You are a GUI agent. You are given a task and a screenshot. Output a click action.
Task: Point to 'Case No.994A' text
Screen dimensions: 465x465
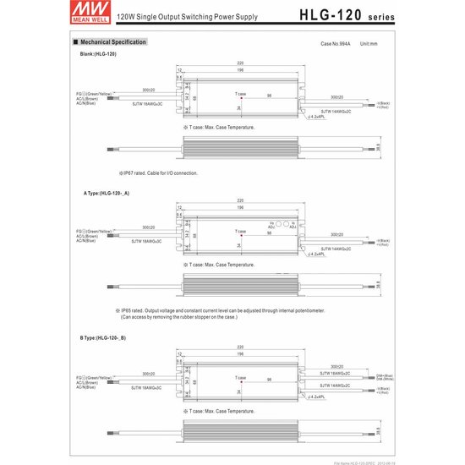point(336,42)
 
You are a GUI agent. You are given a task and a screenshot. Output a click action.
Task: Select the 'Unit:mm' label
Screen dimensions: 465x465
point(369,42)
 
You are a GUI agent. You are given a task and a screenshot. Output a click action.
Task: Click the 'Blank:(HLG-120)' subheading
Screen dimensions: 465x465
point(98,53)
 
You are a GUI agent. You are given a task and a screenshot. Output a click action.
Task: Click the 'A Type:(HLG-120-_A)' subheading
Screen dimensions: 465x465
point(107,193)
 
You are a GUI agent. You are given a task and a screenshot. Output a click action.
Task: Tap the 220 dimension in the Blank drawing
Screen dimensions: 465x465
point(240,63)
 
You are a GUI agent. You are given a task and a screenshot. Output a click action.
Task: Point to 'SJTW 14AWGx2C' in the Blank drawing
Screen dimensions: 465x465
point(336,110)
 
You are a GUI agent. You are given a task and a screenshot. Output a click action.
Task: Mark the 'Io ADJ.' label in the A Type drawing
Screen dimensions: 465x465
point(293,226)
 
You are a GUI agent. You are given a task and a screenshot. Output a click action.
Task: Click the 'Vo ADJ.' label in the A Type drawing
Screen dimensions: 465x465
point(271,226)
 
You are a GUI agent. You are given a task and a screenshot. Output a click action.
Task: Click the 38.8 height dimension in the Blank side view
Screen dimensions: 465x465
point(377,146)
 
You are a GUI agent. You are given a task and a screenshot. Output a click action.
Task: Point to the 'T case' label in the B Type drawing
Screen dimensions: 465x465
point(240,377)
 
